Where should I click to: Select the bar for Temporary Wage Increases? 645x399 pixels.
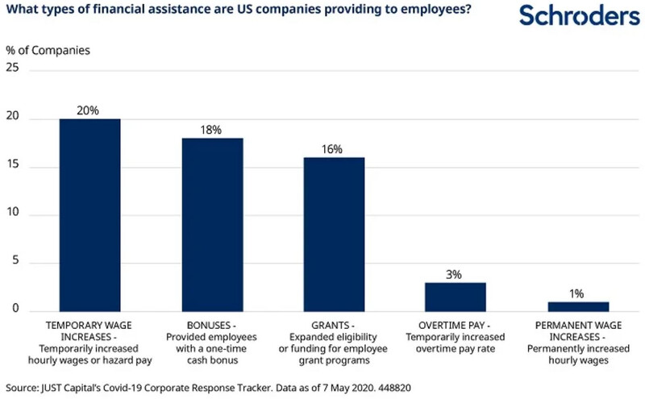[89, 215]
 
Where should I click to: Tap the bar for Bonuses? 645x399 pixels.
[212, 225]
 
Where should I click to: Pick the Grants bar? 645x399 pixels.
[332, 235]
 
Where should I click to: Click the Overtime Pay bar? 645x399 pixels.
[455, 297]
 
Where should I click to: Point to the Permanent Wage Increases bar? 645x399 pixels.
[577, 306]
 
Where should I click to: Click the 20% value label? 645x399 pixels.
[89, 110]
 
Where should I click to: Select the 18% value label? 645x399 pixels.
[212, 130]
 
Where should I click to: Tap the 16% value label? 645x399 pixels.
[332, 149]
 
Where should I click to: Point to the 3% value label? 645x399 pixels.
[455, 274]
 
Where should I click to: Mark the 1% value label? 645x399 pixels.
[577, 293]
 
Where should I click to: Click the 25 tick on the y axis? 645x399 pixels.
[13, 72]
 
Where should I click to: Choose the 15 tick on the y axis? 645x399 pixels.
[13, 168]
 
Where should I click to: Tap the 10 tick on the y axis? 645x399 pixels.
[13, 215]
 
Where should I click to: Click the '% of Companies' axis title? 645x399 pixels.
[48, 48]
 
